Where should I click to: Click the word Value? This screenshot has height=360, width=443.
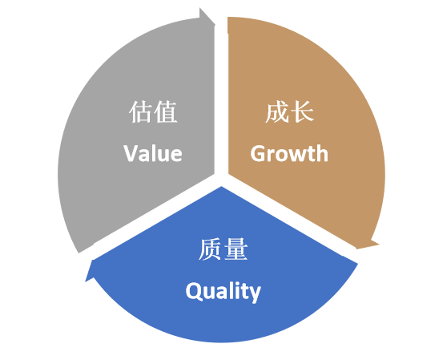[x=153, y=153]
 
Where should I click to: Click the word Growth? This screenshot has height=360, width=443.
[x=289, y=153]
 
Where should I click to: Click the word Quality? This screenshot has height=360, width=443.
[x=223, y=292]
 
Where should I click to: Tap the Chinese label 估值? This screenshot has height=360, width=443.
[x=153, y=111]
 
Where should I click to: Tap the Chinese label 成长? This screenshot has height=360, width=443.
[x=289, y=111]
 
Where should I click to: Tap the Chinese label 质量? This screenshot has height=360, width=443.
[x=224, y=249]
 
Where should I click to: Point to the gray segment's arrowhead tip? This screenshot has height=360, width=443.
[x=215, y=25]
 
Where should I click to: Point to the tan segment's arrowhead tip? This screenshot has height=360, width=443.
[x=357, y=249]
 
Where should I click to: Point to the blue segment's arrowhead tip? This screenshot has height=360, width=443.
[x=86, y=281]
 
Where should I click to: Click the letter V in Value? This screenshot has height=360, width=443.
[x=131, y=153]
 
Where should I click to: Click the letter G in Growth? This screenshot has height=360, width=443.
[x=258, y=153]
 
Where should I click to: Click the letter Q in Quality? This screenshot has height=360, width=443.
[x=194, y=290]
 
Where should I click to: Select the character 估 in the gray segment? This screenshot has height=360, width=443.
[x=140, y=111]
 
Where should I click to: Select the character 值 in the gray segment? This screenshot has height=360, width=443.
[x=166, y=111]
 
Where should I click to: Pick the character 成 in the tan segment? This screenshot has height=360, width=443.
[x=276, y=111]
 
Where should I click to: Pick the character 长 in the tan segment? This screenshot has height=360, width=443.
[x=302, y=111]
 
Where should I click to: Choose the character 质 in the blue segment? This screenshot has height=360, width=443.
[x=210, y=249]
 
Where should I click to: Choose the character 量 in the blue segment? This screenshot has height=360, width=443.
[x=236, y=249]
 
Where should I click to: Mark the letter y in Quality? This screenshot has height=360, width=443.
[x=255, y=295]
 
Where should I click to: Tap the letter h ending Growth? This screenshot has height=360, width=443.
[x=322, y=153]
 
